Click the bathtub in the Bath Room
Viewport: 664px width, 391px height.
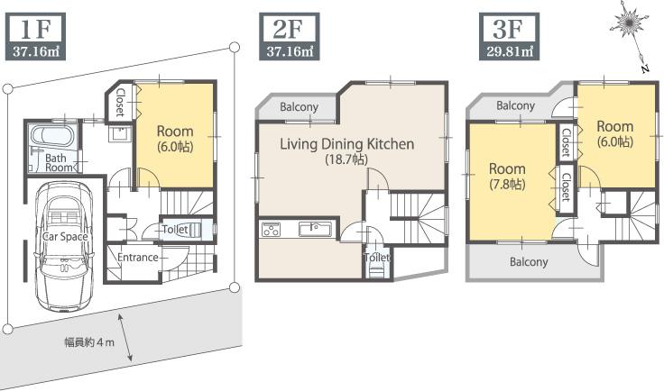tap(51, 139)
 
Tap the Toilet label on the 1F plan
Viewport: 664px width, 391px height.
tap(175, 230)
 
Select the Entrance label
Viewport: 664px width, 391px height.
tap(138, 258)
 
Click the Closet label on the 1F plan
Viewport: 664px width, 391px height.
tap(118, 102)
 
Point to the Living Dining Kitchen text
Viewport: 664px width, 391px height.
tap(346, 144)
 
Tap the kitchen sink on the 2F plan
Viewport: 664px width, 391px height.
tap(317, 229)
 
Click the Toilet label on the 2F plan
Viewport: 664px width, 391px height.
tap(376, 258)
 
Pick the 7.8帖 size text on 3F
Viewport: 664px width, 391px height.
tap(506, 184)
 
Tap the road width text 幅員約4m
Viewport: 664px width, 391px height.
tap(88, 342)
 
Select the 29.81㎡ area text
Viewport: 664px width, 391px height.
tap(507, 51)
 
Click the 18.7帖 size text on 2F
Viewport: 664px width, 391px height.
tap(346, 159)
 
